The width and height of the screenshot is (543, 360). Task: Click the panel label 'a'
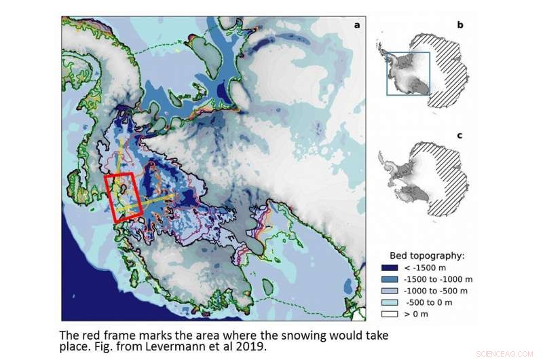coord(356,25)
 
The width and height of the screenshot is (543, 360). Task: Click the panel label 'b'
coord(460,25)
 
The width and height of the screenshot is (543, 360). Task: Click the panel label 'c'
coord(460,135)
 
